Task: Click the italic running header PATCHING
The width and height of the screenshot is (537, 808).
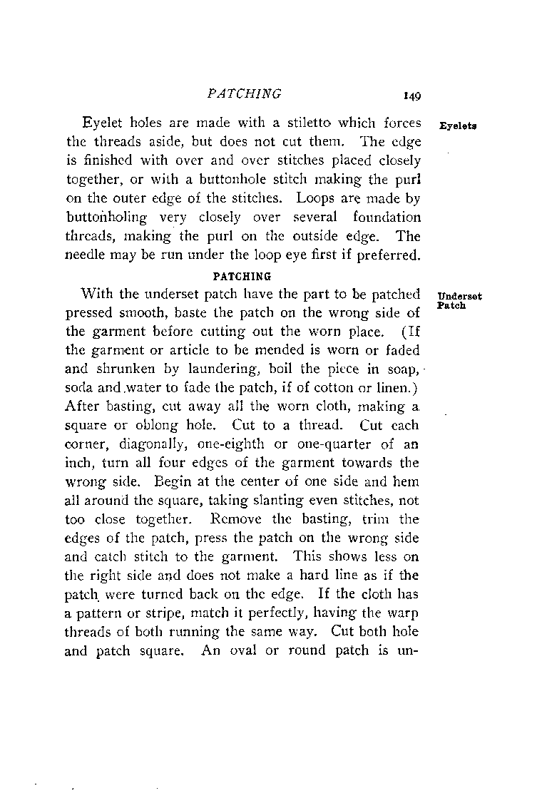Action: [244, 93]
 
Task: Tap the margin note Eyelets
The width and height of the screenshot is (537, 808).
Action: [458, 125]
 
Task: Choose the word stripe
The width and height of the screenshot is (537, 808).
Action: [167, 613]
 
